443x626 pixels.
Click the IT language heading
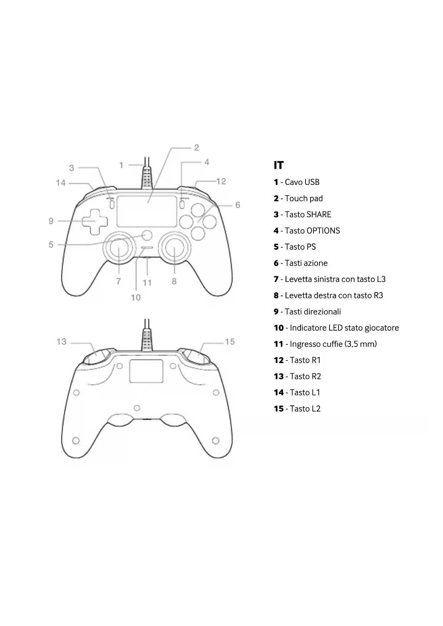[x=278, y=165]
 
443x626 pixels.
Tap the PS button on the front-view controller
[x=147, y=235]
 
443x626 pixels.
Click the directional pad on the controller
[x=95, y=222]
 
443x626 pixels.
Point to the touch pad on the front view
[x=147, y=211]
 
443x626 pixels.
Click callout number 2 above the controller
[x=196, y=147]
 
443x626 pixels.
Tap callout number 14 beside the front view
[x=61, y=183]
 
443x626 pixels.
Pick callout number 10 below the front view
[x=136, y=298]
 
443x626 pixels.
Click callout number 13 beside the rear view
[x=61, y=342]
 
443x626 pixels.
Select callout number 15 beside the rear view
[x=230, y=342]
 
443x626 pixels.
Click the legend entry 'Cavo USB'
[x=302, y=182]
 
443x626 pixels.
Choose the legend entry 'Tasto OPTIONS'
[x=312, y=231]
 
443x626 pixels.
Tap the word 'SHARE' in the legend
[x=319, y=214]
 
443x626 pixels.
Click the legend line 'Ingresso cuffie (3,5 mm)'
[x=333, y=344]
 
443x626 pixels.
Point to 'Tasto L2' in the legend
[x=305, y=409]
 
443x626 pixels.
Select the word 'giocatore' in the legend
[x=382, y=328]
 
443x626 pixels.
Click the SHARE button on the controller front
[x=112, y=205]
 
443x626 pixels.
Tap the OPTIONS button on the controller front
[x=182, y=205]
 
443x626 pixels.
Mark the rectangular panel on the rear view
[x=146, y=371]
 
